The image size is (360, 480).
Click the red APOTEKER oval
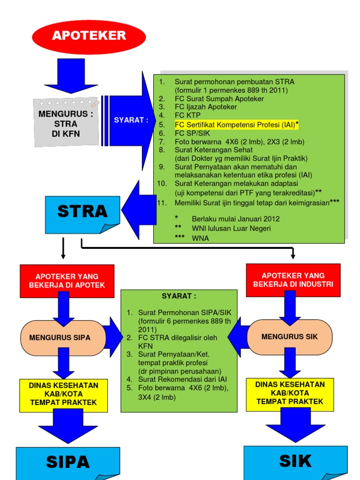click(x=89, y=36)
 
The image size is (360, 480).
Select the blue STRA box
click(x=82, y=212)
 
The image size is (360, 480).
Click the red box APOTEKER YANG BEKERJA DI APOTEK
click(x=67, y=280)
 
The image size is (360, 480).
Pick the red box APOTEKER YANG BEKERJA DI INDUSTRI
click(x=293, y=280)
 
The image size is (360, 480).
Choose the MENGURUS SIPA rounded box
click(x=60, y=337)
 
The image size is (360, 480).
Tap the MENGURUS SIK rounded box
click(x=290, y=337)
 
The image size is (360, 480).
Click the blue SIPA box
click(x=67, y=463)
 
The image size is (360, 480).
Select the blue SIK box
click(x=295, y=461)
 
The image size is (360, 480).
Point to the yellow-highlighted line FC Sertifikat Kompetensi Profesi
click(x=237, y=124)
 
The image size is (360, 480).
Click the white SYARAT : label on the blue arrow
click(x=131, y=120)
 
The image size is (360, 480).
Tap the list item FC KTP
click(x=186, y=115)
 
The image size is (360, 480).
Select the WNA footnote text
click(x=200, y=238)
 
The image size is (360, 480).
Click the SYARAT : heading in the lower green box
click(x=179, y=296)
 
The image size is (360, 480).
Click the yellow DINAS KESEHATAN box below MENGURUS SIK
click(x=290, y=393)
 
